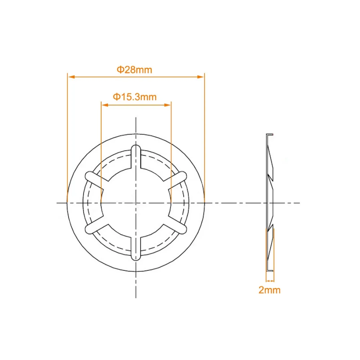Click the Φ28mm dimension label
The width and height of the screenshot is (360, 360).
click(x=135, y=70)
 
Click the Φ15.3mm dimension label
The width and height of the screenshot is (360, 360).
click(x=135, y=97)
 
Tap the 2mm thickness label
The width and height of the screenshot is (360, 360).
click(x=270, y=290)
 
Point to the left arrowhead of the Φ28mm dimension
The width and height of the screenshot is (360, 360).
click(x=71, y=77)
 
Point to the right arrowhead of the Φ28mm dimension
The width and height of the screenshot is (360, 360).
click(x=201, y=77)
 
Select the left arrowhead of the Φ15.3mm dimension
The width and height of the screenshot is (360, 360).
click(x=105, y=105)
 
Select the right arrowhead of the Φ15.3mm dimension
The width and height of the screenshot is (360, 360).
click(x=167, y=105)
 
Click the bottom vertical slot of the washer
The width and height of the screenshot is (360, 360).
click(x=136, y=248)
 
